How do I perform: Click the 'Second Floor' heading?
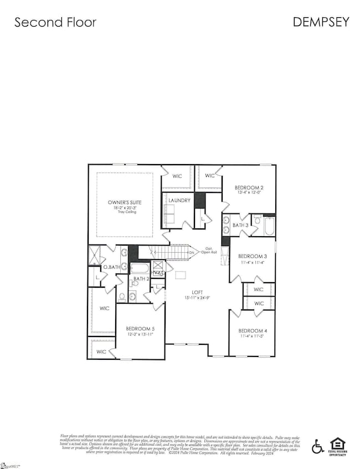click(x=55, y=22)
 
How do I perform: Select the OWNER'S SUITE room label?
click(x=125, y=202)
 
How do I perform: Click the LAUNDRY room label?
click(x=179, y=200)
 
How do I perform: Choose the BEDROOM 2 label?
click(x=249, y=187)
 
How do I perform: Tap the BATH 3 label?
click(x=240, y=225)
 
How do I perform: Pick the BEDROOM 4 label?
click(x=253, y=331)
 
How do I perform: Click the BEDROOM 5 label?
click(x=140, y=328)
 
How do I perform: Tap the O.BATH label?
click(x=111, y=268)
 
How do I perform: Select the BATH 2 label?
click(x=141, y=279)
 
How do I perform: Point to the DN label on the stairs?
click(x=192, y=253)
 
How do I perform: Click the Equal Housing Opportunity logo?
click(x=337, y=445)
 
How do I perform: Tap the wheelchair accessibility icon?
click(x=318, y=446)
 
